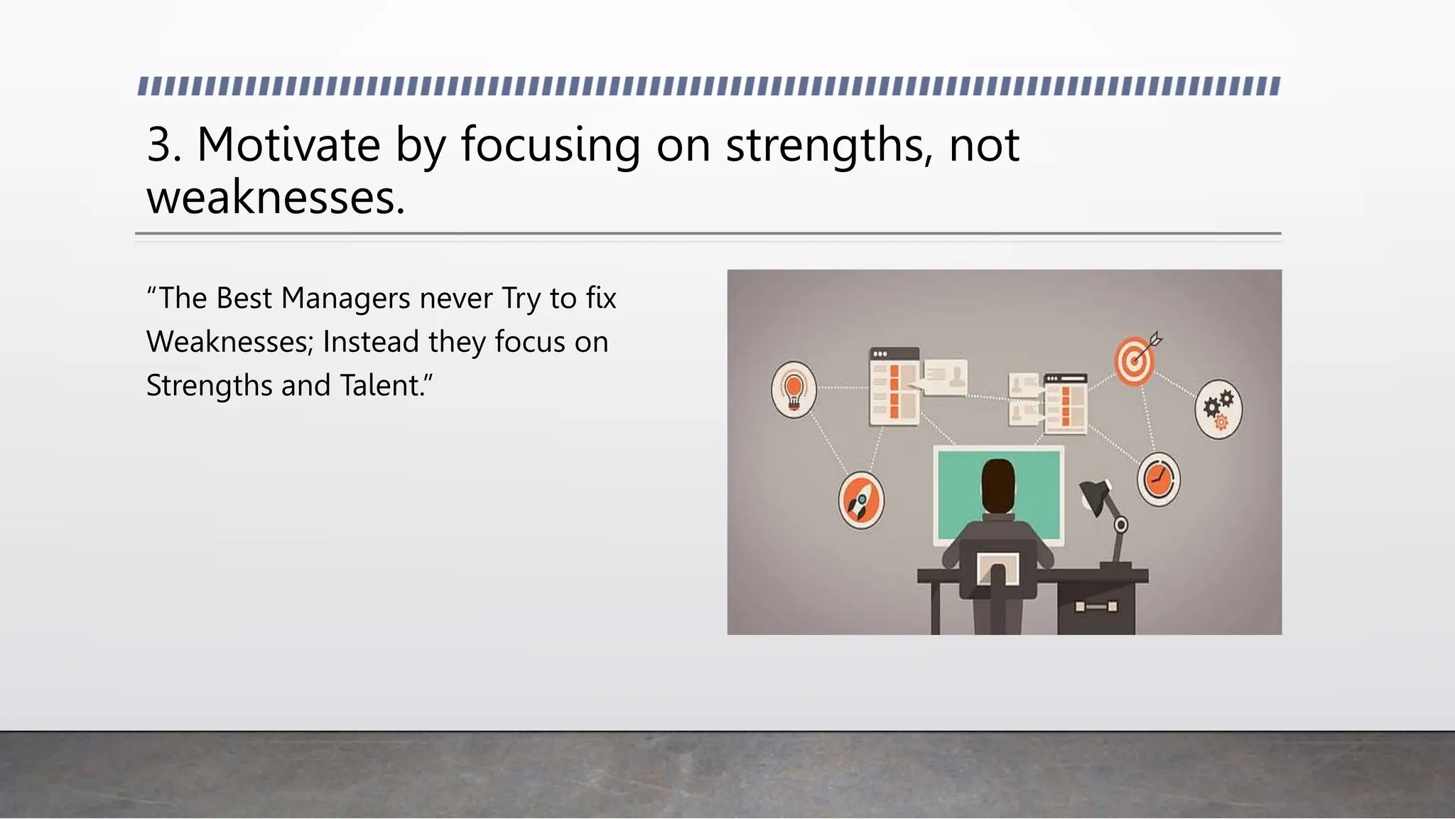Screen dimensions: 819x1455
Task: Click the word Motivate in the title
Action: (288, 145)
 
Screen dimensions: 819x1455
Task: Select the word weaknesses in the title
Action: (275, 198)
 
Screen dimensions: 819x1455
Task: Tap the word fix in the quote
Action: (601, 299)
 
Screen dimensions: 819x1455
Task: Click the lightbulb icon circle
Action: (794, 390)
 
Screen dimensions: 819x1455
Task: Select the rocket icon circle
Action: (860, 500)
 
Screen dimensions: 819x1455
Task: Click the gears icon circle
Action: (1218, 409)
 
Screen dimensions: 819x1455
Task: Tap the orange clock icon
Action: (1158, 479)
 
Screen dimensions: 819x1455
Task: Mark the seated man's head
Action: (997, 485)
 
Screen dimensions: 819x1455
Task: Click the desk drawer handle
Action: (1096, 606)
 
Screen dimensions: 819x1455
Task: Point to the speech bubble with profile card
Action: (943, 377)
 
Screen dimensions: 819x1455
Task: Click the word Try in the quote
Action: (521, 299)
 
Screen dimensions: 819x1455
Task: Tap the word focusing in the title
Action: (551, 145)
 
